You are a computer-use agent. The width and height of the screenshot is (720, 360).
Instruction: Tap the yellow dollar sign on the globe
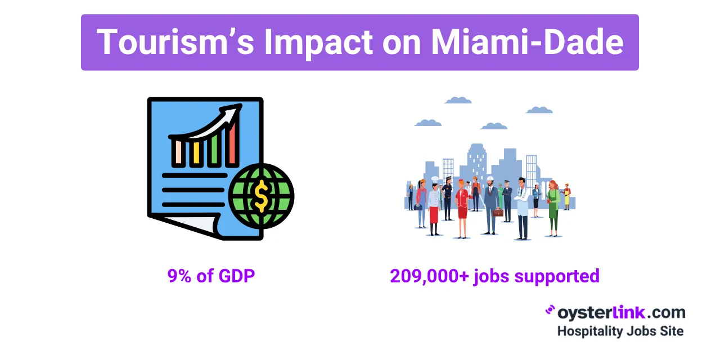261,196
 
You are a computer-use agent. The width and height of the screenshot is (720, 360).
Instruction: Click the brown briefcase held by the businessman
498,212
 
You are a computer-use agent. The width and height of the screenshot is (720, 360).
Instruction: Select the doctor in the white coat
523,208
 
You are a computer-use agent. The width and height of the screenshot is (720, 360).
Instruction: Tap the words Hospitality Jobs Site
620,331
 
